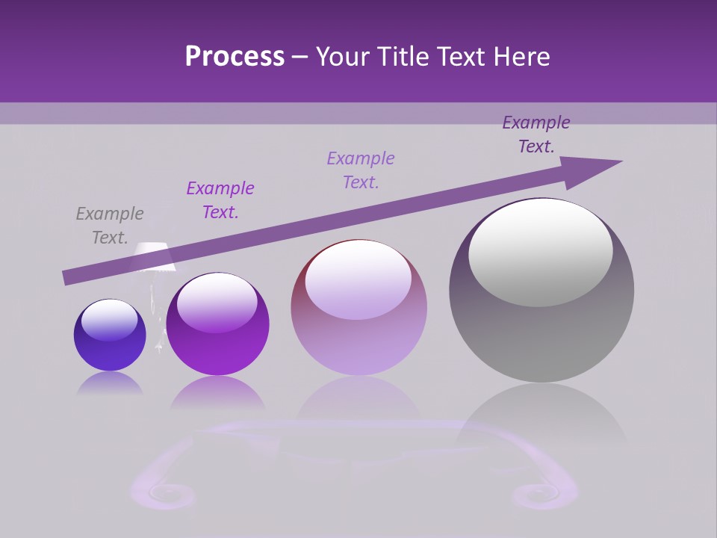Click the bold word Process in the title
tap(235, 57)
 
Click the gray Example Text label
tap(110, 226)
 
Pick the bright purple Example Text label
tap(220, 200)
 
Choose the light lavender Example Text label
tap(361, 170)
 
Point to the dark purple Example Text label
tap(536, 134)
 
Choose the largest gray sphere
tap(541, 329)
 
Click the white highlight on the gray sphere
tap(541, 253)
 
